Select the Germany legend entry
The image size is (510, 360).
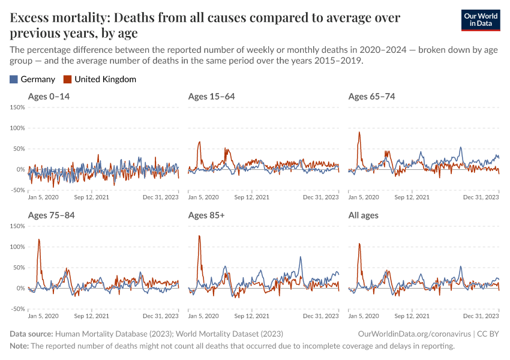coord(33,79)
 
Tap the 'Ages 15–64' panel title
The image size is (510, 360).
coord(211,97)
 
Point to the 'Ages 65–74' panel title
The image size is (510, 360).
coord(371,97)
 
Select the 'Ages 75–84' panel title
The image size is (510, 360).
coord(51,215)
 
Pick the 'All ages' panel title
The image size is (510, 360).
coord(363,215)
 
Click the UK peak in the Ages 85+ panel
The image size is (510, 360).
coord(199,236)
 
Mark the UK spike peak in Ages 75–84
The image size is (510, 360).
coord(39,239)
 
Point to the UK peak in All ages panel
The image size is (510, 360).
coord(359,244)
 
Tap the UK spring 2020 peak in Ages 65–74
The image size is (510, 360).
coord(359,133)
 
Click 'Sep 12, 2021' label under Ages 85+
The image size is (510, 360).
coord(251,316)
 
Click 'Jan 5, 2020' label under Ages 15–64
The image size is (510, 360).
coord(203,197)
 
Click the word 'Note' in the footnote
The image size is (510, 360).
coord(19,346)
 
